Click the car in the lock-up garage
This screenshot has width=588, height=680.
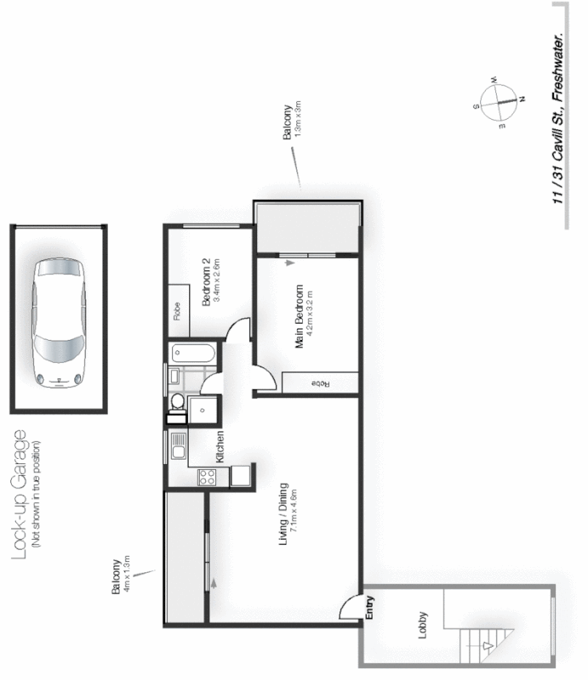(58, 323)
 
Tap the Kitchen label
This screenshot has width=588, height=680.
(220, 445)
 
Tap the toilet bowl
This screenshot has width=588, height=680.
(178, 402)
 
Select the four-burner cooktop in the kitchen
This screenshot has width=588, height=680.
(206, 477)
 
